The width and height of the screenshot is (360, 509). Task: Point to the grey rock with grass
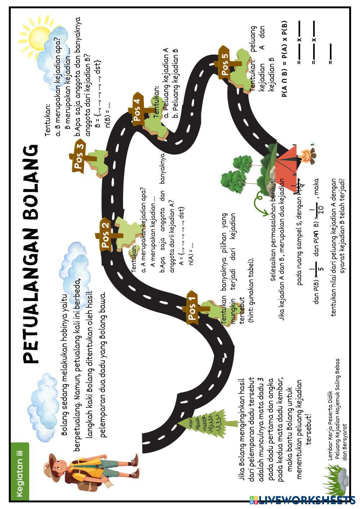(x=338, y=479)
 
